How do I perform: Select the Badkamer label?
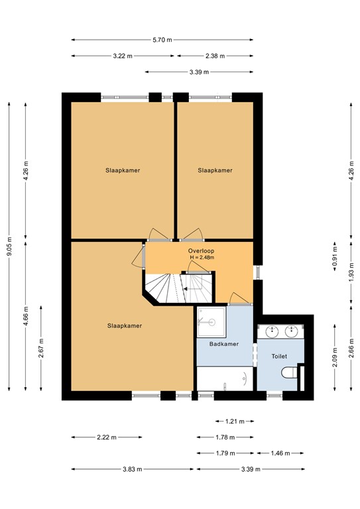click(x=223, y=344)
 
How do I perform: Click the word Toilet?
click(x=280, y=356)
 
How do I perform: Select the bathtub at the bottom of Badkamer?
click(x=223, y=379)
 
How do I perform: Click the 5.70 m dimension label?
click(x=162, y=40)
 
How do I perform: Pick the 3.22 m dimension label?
click(x=123, y=56)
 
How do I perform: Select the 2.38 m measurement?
click(x=215, y=56)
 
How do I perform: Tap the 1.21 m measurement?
click(x=235, y=421)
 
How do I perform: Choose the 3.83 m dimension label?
click(x=133, y=469)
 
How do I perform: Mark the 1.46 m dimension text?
click(x=280, y=453)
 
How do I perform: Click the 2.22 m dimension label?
click(x=106, y=437)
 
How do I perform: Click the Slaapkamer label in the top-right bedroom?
click(x=215, y=170)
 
